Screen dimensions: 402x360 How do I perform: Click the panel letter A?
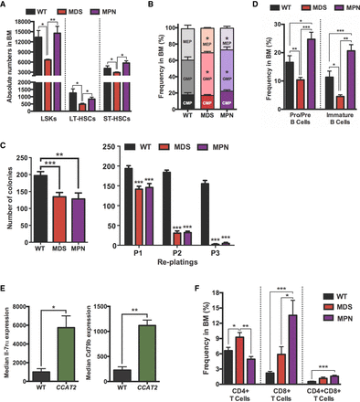[6, 6]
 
